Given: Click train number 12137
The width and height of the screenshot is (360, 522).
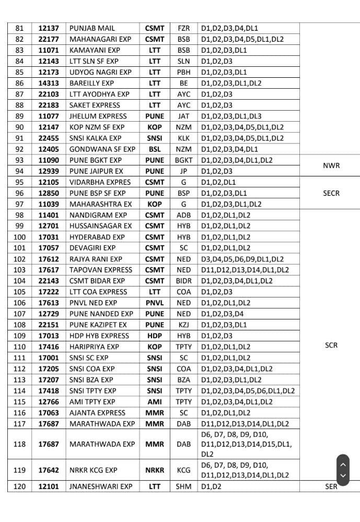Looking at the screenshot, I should point(49,28).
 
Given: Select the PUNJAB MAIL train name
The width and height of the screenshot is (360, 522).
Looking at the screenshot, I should point(92,28).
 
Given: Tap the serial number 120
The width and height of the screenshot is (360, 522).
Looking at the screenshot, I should point(19,486).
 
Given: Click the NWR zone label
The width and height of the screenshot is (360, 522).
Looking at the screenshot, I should point(331,165).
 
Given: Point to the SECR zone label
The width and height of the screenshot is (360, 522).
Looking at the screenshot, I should point(331,193).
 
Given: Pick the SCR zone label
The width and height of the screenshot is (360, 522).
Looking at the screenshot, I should point(331,345).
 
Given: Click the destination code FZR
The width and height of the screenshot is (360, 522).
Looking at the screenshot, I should point(183,28).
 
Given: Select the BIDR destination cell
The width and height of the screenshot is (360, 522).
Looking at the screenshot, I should point(183,281).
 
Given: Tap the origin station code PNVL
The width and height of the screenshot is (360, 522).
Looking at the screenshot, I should point(155,303).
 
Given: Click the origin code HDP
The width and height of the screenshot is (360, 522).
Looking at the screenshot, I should point(155,336).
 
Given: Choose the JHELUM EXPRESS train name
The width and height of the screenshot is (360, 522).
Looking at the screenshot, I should point(98,116).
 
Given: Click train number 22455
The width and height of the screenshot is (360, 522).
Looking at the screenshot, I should point(49,138).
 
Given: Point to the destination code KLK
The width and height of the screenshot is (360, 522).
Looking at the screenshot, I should point(183,138).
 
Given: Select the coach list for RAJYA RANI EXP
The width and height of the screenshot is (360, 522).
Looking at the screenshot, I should point(242,259).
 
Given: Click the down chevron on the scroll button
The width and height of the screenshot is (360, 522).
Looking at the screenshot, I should point(343,476).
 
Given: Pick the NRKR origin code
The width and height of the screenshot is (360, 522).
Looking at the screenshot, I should point(155,470).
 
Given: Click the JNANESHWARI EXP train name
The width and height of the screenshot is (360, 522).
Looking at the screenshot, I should point(101,486).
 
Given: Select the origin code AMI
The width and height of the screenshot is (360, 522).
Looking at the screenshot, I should point(155,402).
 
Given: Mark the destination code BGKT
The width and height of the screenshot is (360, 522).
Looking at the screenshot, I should point(183,160).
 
